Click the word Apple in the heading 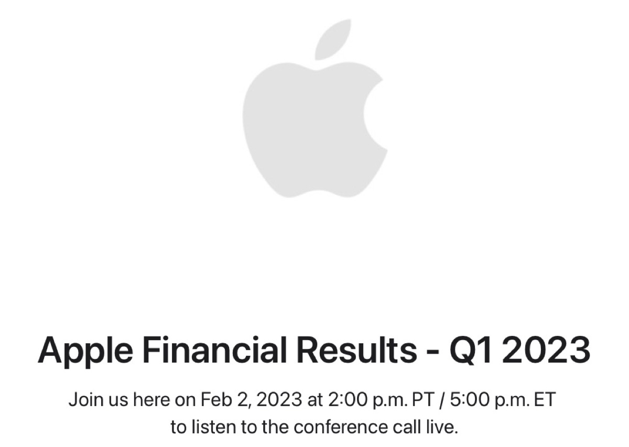(x=85, y=350)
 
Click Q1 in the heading (x=470, y=350)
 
